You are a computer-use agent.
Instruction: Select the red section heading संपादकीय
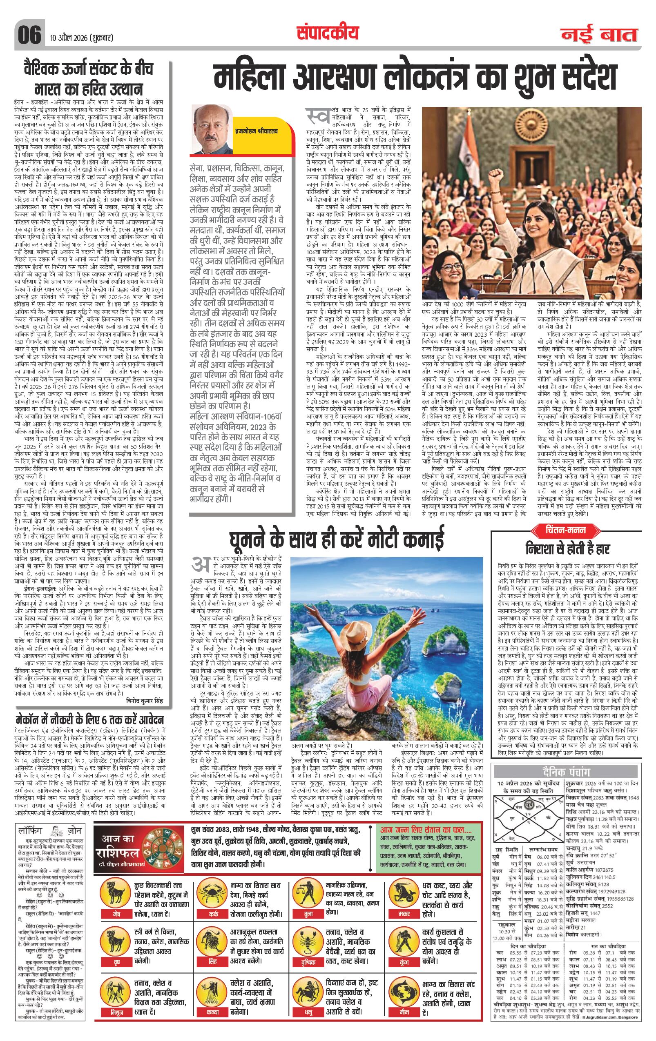(328, 32)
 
